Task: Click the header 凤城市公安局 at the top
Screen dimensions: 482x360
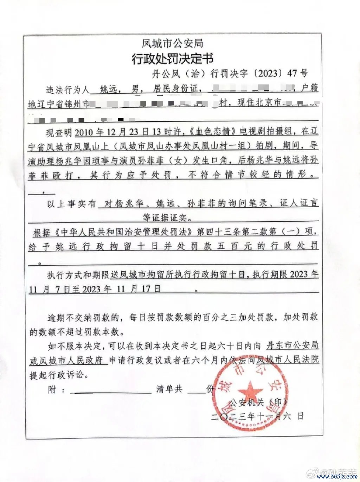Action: point(172,44)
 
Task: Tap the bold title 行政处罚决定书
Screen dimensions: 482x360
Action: point(172,58)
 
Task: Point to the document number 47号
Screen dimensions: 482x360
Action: point(297,74)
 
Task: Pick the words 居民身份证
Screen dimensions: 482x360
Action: point(175,89)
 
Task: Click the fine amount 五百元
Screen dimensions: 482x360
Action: point(234,246)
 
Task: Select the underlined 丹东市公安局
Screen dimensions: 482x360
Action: point(292,345)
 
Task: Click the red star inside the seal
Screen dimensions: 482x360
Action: point(250,392)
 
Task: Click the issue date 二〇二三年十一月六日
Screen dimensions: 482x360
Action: point(257,417)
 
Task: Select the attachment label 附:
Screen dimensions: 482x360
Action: point(56,390)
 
